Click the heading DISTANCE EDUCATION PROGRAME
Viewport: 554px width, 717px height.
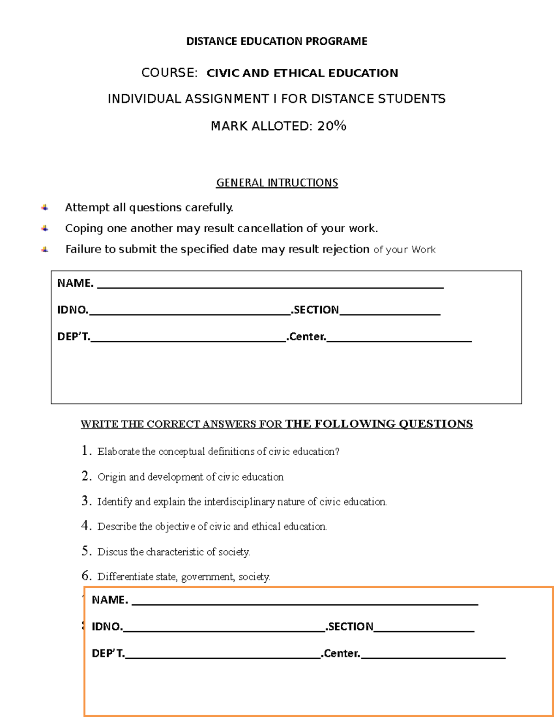click(x=277, y=42)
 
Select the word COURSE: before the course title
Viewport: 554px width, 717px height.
click(x=169, y=73)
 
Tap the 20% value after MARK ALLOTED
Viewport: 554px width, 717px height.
click(x=331, y=126)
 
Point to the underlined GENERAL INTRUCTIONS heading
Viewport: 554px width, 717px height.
click(x=277, y=183)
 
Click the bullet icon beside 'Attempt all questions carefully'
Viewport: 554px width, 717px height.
click(x=45, y=208)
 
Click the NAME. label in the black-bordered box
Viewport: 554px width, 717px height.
click(x=75, y=283)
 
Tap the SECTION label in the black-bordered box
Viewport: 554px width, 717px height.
click(x=316, y=310)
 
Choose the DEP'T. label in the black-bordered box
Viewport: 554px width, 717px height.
click(x=73, y=337)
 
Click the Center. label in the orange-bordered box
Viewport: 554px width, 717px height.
click(x=342, y=653)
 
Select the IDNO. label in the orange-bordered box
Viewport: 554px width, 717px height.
click(x=107, y=627)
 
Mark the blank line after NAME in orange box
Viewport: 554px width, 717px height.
click(x=305, y=603)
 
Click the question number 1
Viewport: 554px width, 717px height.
click(x=86, y=451)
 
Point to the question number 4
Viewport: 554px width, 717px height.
click(x=86, y=526)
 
